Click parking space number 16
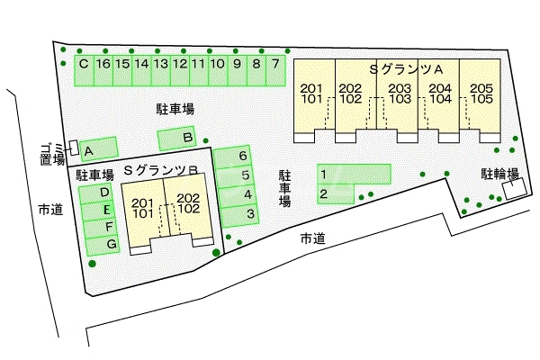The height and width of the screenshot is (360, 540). tap(103, 65)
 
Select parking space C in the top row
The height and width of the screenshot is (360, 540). tap(83, 65)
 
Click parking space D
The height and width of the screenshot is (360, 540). tap(104, 192)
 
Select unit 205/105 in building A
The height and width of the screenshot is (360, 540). tap(481, 94)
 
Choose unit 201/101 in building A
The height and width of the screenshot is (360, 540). tap(310, 94)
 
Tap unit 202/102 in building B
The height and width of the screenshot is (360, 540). tap(188, 202)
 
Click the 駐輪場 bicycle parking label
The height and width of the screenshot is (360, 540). tap(499, 175)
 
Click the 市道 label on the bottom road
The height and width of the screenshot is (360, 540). tap(312, 238)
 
